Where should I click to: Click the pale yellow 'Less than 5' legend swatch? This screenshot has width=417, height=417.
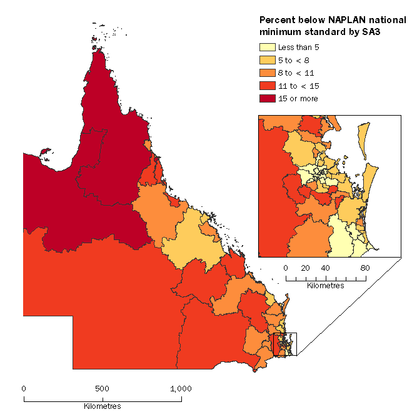point(266,47)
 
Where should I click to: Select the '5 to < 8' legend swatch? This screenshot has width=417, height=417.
point(266,60)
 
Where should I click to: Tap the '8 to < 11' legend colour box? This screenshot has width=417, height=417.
point(266,73)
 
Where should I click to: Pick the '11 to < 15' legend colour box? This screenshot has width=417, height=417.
point(266,86)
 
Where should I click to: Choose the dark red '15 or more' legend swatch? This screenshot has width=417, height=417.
point(266,98)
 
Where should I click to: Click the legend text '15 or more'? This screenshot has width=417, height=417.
point(298,98)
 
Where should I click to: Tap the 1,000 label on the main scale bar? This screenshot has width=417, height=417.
point(181,388)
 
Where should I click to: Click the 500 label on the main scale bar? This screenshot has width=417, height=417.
point(103,388)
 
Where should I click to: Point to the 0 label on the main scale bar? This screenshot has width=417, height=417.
point(24,388)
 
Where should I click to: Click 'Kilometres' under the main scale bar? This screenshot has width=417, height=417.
point(103,406)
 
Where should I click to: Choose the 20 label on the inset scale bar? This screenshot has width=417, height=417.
point(306,268)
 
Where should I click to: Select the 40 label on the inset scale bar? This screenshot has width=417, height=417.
point(326,268)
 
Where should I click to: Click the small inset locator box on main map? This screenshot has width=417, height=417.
point(284,344)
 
